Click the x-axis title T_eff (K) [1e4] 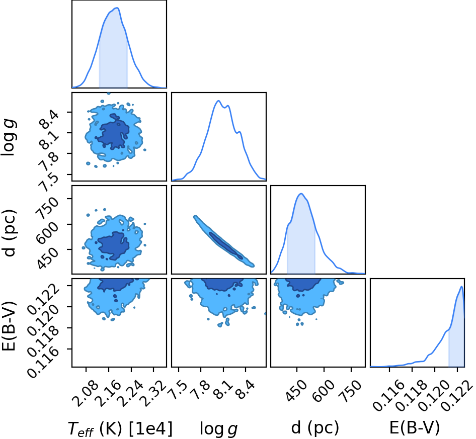point(120,428)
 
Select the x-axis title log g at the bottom point(218,429)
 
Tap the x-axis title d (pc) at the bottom point(315,428)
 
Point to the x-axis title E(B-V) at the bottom point(415,428)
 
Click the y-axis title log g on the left point(9,138)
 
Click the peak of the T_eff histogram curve point(117,8)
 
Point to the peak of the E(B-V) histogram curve point(461,287)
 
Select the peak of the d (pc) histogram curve point(301,194)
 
